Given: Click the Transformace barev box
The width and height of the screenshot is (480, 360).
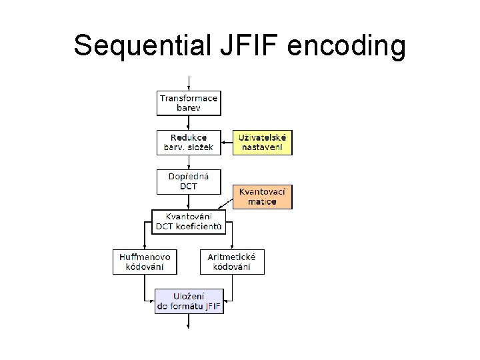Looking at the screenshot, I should point(189,103).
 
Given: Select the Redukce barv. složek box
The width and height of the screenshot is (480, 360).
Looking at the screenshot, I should point(189,142).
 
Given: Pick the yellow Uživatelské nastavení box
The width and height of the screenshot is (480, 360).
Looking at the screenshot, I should point(263,142).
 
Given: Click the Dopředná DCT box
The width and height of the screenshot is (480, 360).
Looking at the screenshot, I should point(189,181).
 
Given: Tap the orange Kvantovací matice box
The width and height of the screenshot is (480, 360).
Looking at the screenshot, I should point(263,197).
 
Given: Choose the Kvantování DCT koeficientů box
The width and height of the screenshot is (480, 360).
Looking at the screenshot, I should point(189,221).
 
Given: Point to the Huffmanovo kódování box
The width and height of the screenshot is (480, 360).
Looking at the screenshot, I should point(145,262).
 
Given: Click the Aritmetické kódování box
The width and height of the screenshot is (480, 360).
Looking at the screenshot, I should point(232,262).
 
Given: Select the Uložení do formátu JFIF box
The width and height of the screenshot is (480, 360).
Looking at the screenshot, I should point(189,301).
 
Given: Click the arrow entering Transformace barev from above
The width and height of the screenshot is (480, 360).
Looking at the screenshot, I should point(189,83).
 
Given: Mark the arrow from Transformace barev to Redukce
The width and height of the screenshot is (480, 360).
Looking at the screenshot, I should point(189,123).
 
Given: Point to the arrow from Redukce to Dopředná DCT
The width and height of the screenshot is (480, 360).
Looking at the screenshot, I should point(189,162).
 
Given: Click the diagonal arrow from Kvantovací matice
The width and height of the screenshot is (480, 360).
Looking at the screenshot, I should point(225,205).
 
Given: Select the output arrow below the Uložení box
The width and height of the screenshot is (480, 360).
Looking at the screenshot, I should point(189,321).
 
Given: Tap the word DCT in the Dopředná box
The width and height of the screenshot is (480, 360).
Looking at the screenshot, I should point(189,187).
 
